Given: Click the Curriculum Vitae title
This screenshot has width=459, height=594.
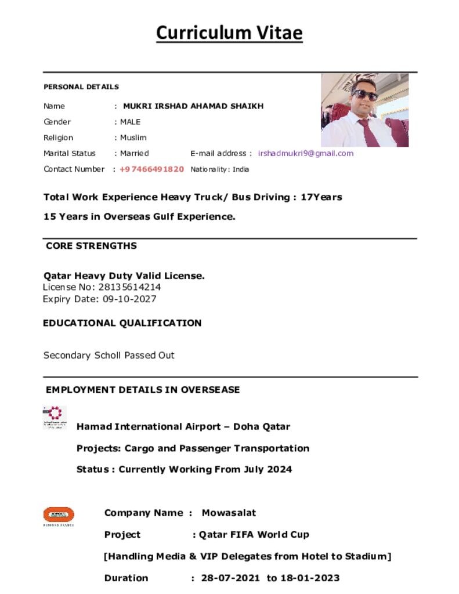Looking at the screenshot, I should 229,32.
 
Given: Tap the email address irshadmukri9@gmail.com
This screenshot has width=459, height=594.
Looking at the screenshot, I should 305,154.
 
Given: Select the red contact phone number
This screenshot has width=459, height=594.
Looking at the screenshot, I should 151,169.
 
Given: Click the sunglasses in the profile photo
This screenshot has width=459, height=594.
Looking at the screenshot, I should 365,95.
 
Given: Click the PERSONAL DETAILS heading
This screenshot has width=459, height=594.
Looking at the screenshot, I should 81,87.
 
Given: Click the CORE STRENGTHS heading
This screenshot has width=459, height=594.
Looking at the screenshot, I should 91,246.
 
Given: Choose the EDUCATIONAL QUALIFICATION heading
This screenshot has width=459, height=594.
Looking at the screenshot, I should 122,323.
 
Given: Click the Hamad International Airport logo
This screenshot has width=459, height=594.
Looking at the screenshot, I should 55,417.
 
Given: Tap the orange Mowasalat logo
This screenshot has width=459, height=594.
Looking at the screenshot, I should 59,515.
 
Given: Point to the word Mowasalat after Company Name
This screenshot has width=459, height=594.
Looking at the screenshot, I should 229,513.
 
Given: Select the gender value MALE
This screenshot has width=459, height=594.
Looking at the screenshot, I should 130,122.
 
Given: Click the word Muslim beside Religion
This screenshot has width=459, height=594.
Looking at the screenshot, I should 133,138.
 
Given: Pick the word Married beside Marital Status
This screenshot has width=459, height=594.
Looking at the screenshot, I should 134,154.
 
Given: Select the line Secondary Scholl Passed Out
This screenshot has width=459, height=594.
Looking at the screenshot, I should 109,355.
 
